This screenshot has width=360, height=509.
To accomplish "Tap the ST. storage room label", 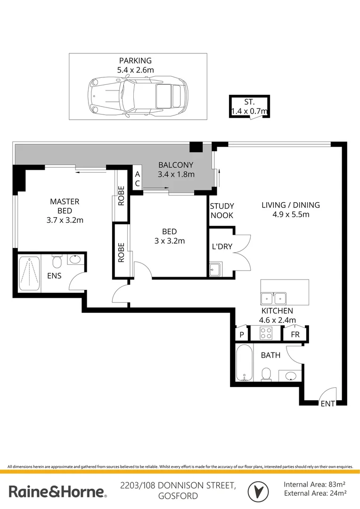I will tap(249, 102).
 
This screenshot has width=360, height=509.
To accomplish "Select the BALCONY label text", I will tap(176, 165).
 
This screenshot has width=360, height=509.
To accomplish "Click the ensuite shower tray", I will tap(29, 273).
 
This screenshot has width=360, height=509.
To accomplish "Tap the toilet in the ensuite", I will tap(57, 262).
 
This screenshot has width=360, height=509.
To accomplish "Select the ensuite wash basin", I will tap(74, 260).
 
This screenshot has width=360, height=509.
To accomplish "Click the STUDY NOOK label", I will tap(222, 211).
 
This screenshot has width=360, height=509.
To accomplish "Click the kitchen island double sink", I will tap(274, 298).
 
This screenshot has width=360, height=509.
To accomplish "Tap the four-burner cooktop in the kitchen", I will tap(265, 334).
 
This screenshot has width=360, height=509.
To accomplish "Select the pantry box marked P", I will tap(242, 334).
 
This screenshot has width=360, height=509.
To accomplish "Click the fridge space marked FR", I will tap(295, 334).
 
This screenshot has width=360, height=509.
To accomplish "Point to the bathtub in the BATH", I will tap(244, 363).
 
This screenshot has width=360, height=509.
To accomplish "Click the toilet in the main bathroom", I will tap(266, 375).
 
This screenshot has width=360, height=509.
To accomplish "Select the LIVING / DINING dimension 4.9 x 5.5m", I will tap(291, 214).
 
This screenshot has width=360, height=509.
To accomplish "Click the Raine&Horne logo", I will tap(57, 492).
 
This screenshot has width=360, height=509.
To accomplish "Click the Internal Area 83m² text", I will tap(315, 484).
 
